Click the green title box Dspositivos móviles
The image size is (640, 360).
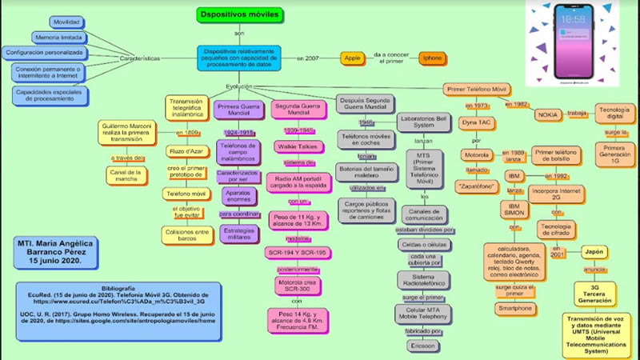(x=238, y=14)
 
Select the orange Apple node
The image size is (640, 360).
(x=352, y=58)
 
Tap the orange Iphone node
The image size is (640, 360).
(x=432, y=58)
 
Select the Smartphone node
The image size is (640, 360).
(x=515, y=308)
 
